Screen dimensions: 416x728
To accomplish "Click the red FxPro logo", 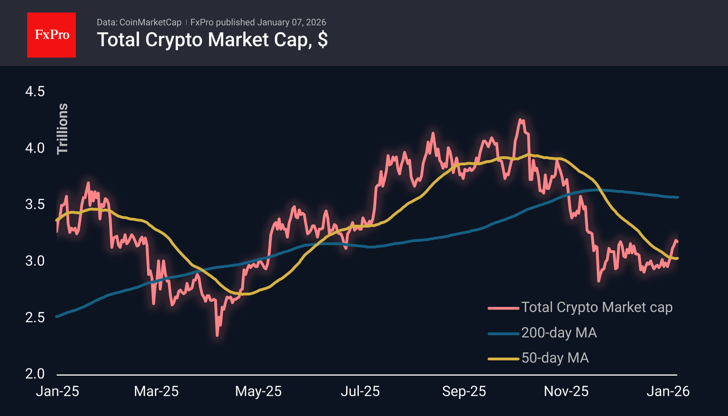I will click(x=52, y=35).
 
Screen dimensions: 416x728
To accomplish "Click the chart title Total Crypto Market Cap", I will click(x=212, y=40).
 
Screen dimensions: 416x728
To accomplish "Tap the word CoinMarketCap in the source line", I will click(x=150, y=22).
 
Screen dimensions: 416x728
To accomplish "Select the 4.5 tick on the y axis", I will click(x=35, y=91).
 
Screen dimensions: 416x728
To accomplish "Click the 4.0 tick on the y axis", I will click(x=35, y=148).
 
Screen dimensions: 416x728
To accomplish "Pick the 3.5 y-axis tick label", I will click(x=35, y=204).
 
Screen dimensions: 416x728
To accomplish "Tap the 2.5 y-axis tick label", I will click(x=35, y=317).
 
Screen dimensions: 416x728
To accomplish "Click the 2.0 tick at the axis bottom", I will click(x=35, y=374).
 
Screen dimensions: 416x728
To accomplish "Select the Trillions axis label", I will click(x=63, y=129).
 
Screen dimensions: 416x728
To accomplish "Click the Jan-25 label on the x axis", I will click(x=58, y=391).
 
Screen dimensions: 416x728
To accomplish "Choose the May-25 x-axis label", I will click(x=258, y=391).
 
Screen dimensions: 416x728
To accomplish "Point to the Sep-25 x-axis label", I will click(x=464, y=391).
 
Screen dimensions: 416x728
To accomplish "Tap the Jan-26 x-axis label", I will click(x=668, y=391).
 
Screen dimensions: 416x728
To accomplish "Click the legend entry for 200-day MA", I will click(x=559, y=333).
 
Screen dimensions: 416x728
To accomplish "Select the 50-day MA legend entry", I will click(x=555, y=358).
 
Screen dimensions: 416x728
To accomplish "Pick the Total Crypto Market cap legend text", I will click(x=596, y=307).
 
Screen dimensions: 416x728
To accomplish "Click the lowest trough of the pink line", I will click(x=217, y=335).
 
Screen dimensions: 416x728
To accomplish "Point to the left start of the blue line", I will click(x=57, y=317).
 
